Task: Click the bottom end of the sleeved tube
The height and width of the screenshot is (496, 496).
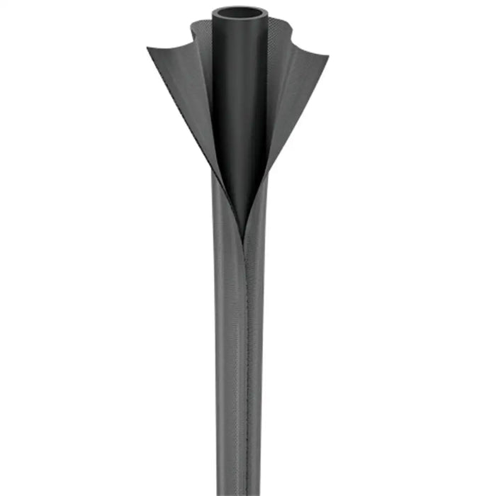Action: coord(239,489)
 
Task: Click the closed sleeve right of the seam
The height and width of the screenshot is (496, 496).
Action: coord(257,354)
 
